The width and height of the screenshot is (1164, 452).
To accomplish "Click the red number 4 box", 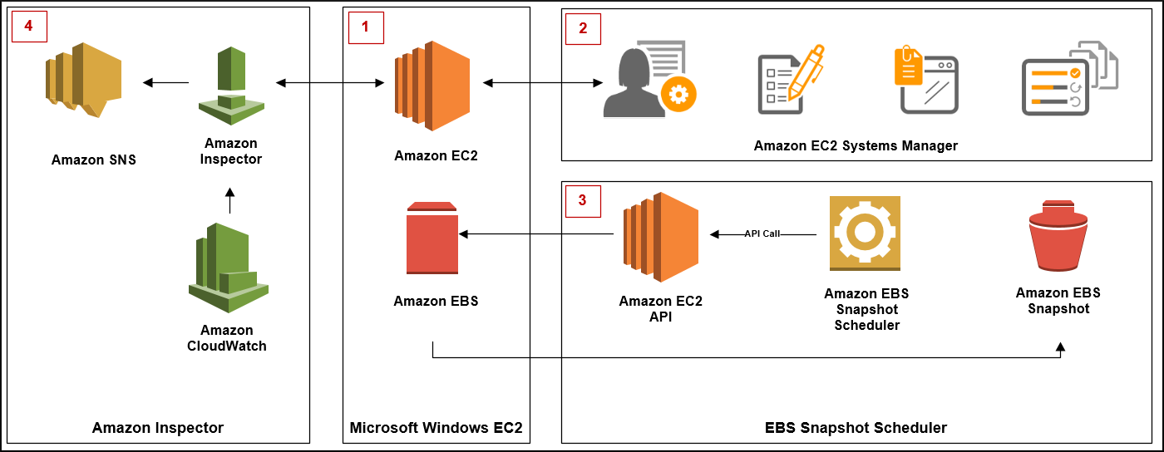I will (29, 27).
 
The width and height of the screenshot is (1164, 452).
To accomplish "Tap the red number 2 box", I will (583, 27).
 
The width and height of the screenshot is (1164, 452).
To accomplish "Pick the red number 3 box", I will (583, 199).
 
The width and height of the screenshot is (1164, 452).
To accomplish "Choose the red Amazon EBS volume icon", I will (432, 238).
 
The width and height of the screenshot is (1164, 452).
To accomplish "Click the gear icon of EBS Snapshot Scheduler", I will (865, 233).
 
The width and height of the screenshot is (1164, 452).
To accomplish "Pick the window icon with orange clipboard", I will (925, 81).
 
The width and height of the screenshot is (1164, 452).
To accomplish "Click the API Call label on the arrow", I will (762, 234).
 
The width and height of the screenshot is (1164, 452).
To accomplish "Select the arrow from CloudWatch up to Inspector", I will (230, 201).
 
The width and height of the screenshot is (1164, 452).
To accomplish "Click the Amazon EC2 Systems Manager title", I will (856, 146).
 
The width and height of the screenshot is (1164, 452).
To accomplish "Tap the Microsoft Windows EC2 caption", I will (436, 429).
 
